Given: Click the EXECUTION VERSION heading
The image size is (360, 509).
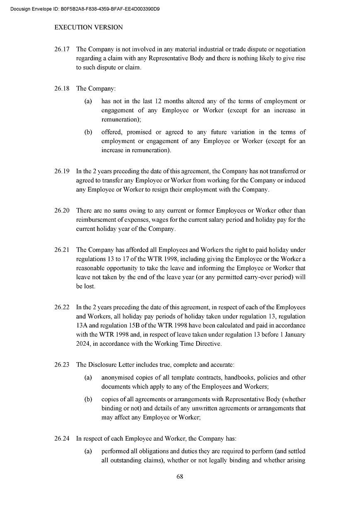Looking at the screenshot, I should pos(88,27).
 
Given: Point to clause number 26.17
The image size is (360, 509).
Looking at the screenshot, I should pos(61,49).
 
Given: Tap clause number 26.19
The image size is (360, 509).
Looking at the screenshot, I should pos(61,171).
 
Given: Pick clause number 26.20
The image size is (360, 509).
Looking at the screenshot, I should pos(61,211).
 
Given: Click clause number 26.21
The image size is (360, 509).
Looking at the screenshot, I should pos(61,250).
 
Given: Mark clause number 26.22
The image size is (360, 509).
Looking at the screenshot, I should pos(61,307).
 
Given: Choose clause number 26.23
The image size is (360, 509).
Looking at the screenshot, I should pos(61,365).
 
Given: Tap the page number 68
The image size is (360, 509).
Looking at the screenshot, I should pos(180,477).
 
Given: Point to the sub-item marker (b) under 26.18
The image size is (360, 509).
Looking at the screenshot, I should pos(88,132).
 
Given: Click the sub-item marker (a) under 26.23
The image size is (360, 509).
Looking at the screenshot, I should pos(88,378).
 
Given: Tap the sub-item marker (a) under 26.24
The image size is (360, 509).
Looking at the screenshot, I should pos(88,451).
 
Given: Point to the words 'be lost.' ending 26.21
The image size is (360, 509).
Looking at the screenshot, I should pos(85,286).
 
